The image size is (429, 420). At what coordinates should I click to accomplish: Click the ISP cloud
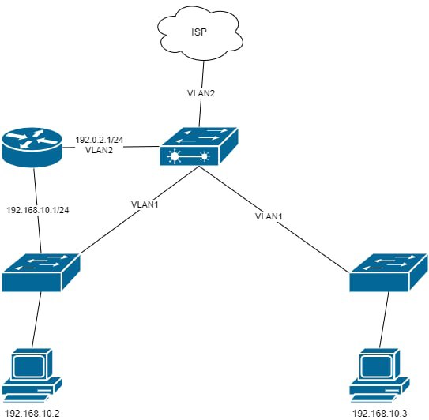point(200,33)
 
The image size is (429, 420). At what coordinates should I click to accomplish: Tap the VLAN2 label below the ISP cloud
point(201,93)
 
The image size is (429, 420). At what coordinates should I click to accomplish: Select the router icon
point(32,148)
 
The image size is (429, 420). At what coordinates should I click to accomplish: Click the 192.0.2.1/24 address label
point(100,140)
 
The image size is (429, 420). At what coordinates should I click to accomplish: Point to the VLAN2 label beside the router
point(99,150)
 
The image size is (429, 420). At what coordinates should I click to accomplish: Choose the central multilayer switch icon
point(198,146)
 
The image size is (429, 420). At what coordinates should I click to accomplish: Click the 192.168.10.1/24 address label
point(38,210)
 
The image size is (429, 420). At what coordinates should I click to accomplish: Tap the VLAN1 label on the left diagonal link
point(145,204)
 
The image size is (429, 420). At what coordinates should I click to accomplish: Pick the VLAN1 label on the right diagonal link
point(269,216)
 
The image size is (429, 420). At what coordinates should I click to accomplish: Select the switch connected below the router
point(41,272)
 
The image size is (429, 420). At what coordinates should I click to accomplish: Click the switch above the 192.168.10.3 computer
point(389,272)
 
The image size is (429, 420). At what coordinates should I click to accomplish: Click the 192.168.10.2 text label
point(32,414)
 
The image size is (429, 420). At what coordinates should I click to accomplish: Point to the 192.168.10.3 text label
point(380,414)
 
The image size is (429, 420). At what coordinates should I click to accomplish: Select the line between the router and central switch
point(111,147)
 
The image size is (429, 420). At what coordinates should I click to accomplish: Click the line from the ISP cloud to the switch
point(201,94)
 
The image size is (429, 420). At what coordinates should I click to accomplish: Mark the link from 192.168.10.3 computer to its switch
point(384,320)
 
